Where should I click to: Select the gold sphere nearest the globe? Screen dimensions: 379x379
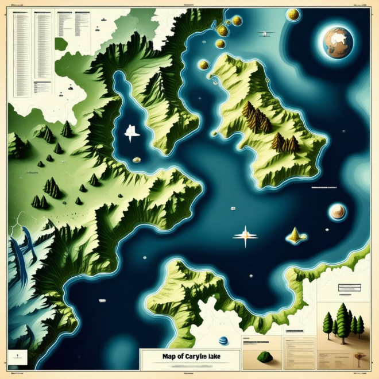point(292,14)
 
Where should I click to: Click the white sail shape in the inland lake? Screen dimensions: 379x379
point(132,133)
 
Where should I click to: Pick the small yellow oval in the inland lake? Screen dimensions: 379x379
point(137,160)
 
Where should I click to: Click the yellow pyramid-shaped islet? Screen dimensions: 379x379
point(295,234)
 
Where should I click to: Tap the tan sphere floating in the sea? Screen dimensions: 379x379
point(337,212)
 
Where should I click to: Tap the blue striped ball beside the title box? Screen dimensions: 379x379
point(223,341)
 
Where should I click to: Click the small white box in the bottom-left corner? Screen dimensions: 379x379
point(21,355)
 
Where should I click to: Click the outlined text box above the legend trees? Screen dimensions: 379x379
point(352,289)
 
